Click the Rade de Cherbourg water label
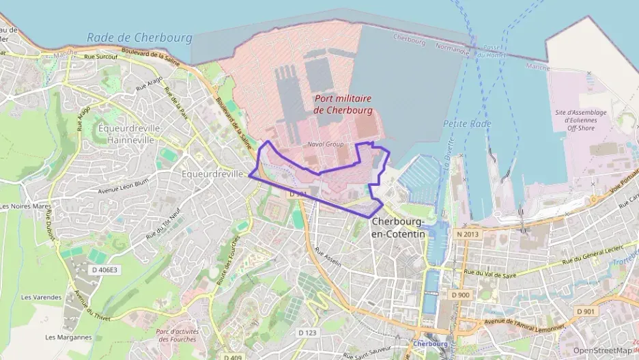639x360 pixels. tap(139, 38)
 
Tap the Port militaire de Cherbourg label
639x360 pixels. tap(343, 104)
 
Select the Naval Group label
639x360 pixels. tap(325, 144)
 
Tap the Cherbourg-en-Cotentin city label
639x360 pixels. tap(398, 228)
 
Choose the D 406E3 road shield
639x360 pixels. tap(104, 270)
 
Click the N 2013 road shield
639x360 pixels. tap(468, 234)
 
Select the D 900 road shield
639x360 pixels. tap(461, 294)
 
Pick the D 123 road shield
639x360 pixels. tap(308, 333)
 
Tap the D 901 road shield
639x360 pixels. tap(586, 311)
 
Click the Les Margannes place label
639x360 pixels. tap(68, 337)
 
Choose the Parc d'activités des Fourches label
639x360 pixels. tap(176, 335)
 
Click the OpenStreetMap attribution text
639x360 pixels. tap(603, 350)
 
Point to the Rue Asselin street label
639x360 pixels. tap(328, 256)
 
